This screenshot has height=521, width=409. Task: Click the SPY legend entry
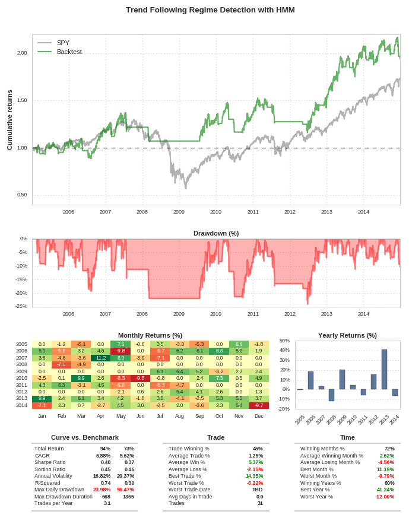tap(63, 43)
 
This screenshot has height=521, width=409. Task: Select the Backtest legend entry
tap(69, 52)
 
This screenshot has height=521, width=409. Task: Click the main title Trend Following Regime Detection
tap(210, 9)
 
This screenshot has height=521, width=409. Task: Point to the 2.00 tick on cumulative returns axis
tap(21, 53)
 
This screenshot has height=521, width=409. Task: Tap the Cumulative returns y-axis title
tap(9, 120)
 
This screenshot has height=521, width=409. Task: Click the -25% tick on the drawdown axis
tap(21, 306)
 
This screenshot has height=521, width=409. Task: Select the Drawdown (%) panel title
tap(216, 233)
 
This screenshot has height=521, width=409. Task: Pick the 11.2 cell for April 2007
tap(100, 358)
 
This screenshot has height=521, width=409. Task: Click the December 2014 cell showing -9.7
tap(259, 405)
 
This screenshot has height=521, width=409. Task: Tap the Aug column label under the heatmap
tap(180, 416)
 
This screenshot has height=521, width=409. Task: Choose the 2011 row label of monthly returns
tap(21, 385)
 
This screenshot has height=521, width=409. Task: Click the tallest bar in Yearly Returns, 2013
tap(384, 369)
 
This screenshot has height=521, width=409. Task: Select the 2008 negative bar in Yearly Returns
tap(331, 395)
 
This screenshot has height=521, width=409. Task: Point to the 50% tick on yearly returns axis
tap(284, 341)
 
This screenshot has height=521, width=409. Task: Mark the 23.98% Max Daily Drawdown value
tap(102, 490)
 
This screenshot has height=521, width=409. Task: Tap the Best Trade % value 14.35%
tap(254, 476)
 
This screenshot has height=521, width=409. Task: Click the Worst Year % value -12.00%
tap(385, 497)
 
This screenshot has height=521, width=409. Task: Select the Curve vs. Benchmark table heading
tap(84, 437)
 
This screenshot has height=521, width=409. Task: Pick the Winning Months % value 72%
tap(389, 449)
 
